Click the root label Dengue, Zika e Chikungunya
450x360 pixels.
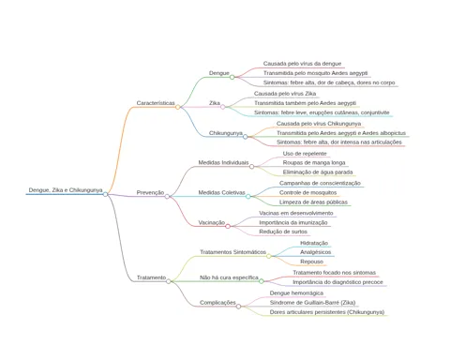[x=66, y=190]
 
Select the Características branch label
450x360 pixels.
[x=156, y=103]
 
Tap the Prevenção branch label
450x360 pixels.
[x=150, y=192]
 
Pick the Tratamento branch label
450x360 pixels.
[x=152, y=277]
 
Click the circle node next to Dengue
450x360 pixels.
[x=232, y=77]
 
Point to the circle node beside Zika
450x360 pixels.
[x=222, y=107]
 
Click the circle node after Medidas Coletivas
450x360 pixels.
[x=247, y=197]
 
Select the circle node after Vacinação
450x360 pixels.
[x=228, y=226]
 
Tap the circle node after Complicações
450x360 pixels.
[x=238, y=307]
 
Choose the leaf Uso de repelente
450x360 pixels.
[x=305, y=154]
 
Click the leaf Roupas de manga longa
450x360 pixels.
[x=314, y=162]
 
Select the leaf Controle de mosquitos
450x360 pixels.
[x=308, y=192]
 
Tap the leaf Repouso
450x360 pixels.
[x=312, y=262]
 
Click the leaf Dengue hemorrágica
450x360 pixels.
[x=296, y=293]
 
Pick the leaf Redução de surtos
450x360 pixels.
[x=283, y=232]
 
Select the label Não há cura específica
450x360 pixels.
[x=229, y=277]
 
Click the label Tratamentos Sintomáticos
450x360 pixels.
[x=233, y=252]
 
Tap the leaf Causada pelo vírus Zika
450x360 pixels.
[x=285, y=94]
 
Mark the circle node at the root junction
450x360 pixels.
[x=105, y=194]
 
